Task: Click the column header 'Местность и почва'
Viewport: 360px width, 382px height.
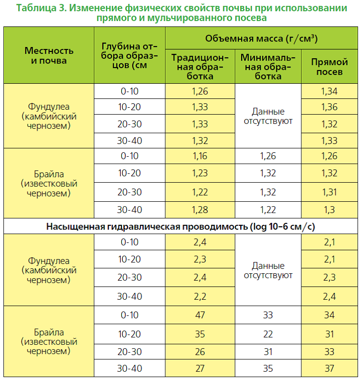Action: pos(49,55)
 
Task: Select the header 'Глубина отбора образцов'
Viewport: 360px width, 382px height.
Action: pos(130,55)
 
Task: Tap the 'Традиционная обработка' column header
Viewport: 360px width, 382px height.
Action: pos(200,67)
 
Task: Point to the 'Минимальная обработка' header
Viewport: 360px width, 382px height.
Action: pos(268,67)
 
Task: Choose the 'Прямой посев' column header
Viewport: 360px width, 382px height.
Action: pos(329,67)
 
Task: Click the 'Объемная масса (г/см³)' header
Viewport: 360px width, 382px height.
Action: pos(261,39)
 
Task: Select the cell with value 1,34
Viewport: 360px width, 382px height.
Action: pos(329,92)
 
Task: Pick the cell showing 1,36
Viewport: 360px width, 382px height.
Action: pos(329,107)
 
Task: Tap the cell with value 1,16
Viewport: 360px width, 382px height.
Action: pos(200,156)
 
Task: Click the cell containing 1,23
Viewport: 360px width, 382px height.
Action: pos(200,173)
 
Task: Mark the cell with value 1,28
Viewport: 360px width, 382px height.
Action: pos(200,210)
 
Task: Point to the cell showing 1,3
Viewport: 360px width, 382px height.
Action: pos(329,210)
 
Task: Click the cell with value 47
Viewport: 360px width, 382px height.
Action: pos(200,315)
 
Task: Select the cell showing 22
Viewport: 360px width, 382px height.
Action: pos(268,334)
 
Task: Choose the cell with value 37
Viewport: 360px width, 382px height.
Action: pos(329,368)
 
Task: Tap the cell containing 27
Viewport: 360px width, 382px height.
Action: pos(200,368)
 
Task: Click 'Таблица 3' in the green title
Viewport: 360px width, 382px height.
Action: pos(41,8)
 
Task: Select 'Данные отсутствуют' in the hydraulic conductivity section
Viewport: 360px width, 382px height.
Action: pos(268,270)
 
